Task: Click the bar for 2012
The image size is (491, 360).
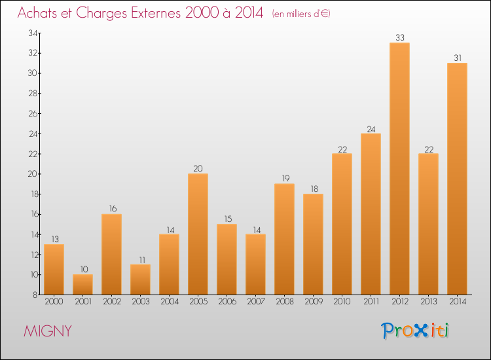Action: point(399,169)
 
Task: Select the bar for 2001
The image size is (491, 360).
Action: point(82,285)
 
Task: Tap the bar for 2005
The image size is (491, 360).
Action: point(198,234)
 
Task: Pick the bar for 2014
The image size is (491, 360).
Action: point(457,179)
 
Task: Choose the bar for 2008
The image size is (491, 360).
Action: point(284,239)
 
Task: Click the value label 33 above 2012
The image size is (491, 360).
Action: point(399,37)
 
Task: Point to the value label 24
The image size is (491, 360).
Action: point(371,128)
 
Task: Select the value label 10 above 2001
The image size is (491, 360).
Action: point(82,269)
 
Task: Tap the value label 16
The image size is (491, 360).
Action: point(111,209)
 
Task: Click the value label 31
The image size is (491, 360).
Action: point(457,58)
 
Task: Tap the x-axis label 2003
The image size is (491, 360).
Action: point(140,302)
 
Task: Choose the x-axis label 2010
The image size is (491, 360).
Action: point(342,302)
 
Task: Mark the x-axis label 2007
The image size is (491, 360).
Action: point(255,302)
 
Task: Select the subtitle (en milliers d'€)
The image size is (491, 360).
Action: point(301,14)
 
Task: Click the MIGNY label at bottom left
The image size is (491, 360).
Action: point(48,331)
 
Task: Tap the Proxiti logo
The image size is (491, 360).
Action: point(416,331)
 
